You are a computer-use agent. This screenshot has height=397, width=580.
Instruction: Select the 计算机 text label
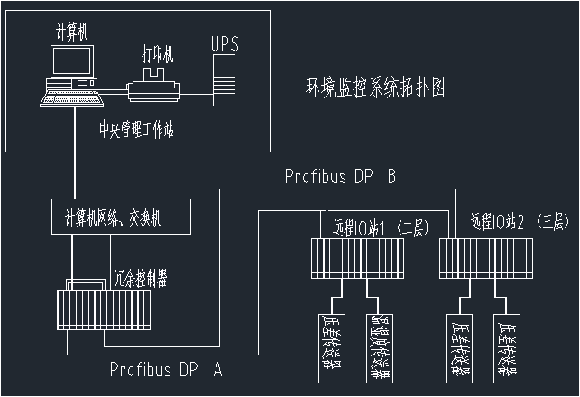click(72, 32)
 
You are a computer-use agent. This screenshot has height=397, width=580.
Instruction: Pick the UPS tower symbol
click(222, 78)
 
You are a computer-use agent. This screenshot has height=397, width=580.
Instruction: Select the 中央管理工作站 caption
click(137, 128)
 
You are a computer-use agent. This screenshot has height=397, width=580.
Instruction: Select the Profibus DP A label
click(166, 369)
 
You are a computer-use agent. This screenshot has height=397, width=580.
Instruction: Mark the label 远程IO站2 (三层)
click(520, 221)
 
